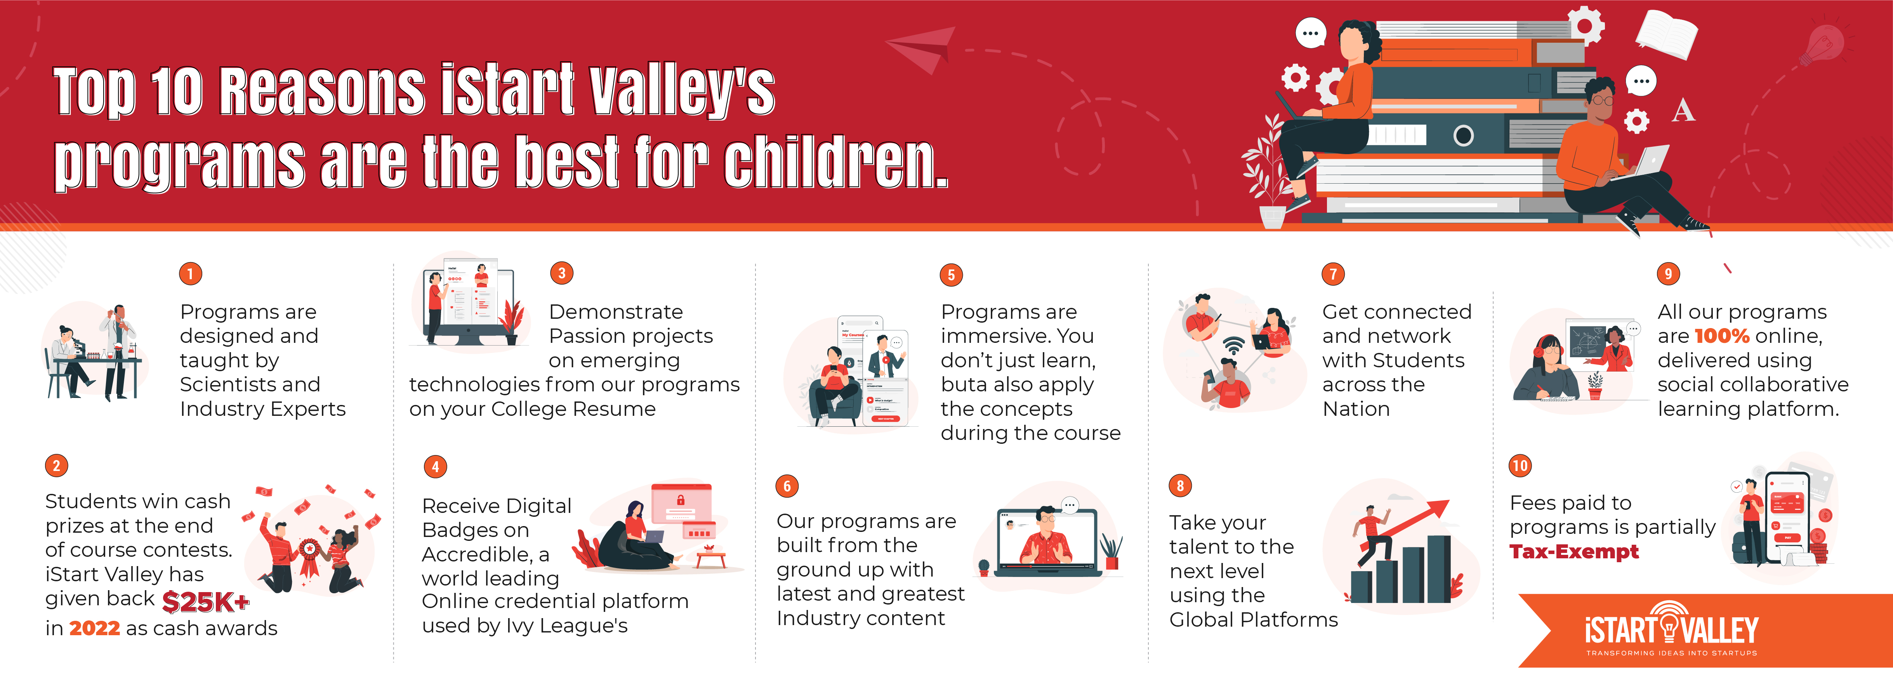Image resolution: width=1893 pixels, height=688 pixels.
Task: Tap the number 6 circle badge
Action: [x=787, y=486]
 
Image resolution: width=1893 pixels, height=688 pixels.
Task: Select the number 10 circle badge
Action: [x=1520, y=465]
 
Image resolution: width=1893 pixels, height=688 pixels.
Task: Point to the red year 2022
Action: [x=95, y=629]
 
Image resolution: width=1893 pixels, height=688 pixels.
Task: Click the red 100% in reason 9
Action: [x=1722, y=336]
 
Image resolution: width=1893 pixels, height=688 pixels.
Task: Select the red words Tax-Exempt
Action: [x=1574, y=552]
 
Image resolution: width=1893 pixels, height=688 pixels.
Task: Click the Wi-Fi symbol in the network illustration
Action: [x=1234, y=346]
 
